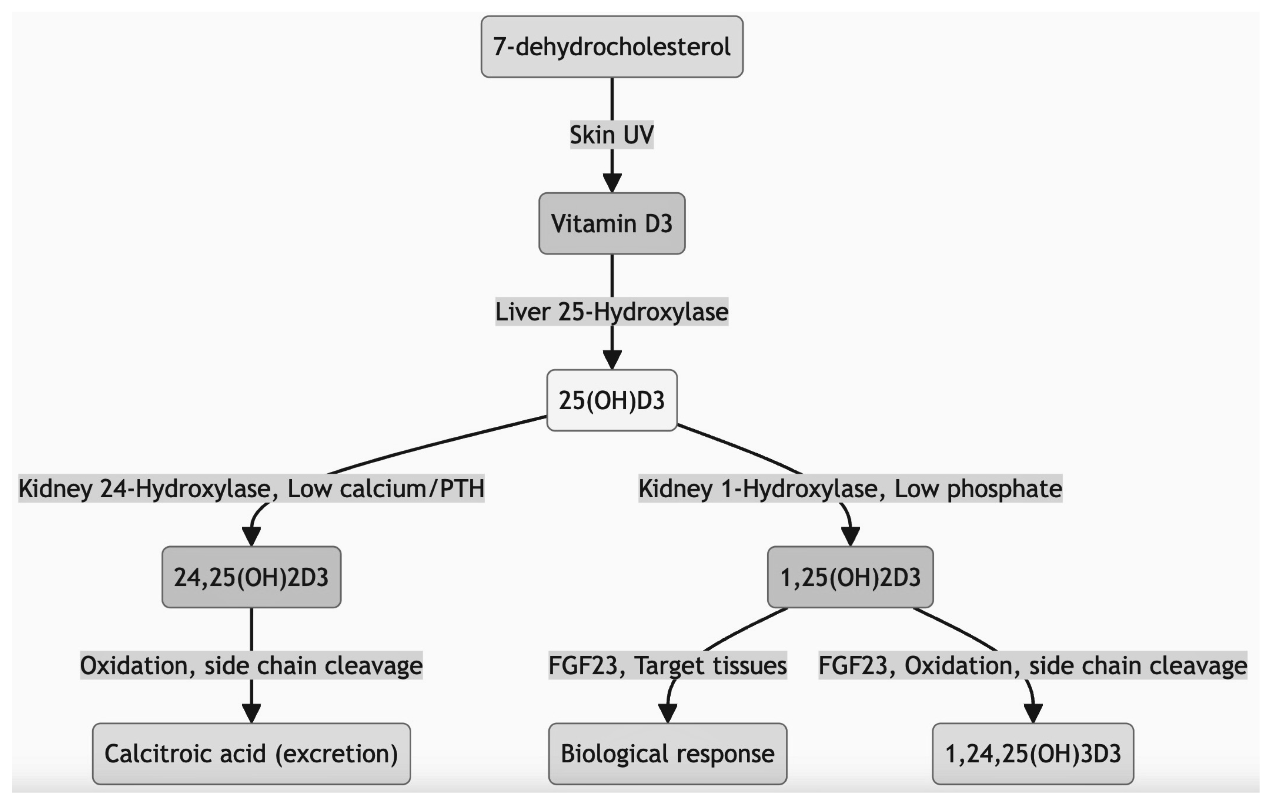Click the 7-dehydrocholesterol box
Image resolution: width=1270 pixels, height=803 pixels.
[612, 46]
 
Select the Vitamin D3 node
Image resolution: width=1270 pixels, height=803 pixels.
[612, 224]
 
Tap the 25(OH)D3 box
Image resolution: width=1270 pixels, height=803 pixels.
[612, 400]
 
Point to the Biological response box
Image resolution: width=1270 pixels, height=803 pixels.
[668, 754]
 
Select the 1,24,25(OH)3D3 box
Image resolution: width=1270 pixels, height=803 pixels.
[1033, 754]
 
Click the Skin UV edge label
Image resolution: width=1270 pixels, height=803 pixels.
[612, 135]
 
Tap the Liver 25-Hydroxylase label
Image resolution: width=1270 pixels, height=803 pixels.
[612, 312]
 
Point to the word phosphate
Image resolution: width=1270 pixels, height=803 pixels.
[1004, 489]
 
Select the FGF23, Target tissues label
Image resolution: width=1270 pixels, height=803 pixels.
[668, 666]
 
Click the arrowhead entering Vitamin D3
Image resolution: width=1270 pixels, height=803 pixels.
[612, 183]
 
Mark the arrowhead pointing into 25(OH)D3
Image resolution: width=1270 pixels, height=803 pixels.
[612, 360]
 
